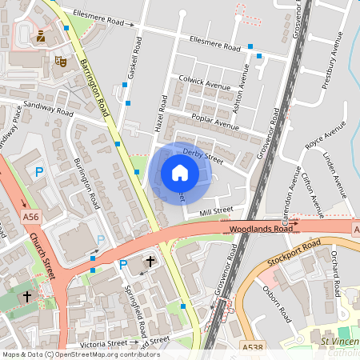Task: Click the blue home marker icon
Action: tap(180, 173)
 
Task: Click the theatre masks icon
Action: tap(60, 60)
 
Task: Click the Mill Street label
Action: tap(215, 211)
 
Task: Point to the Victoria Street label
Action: tap(105, 342)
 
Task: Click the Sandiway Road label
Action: tap(47, 105)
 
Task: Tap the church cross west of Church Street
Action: tap(27, 296)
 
